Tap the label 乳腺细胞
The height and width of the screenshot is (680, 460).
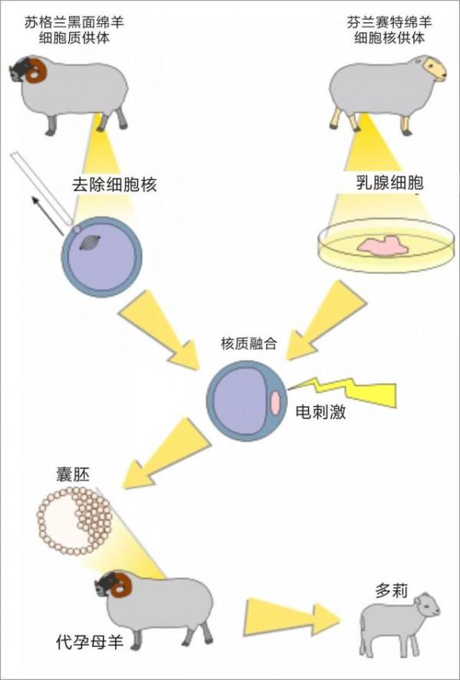(389, 182)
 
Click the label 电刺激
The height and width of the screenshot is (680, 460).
(320, 412)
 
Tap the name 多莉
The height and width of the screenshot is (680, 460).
(392, 591)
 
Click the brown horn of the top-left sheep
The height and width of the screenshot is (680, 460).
(35, 71)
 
